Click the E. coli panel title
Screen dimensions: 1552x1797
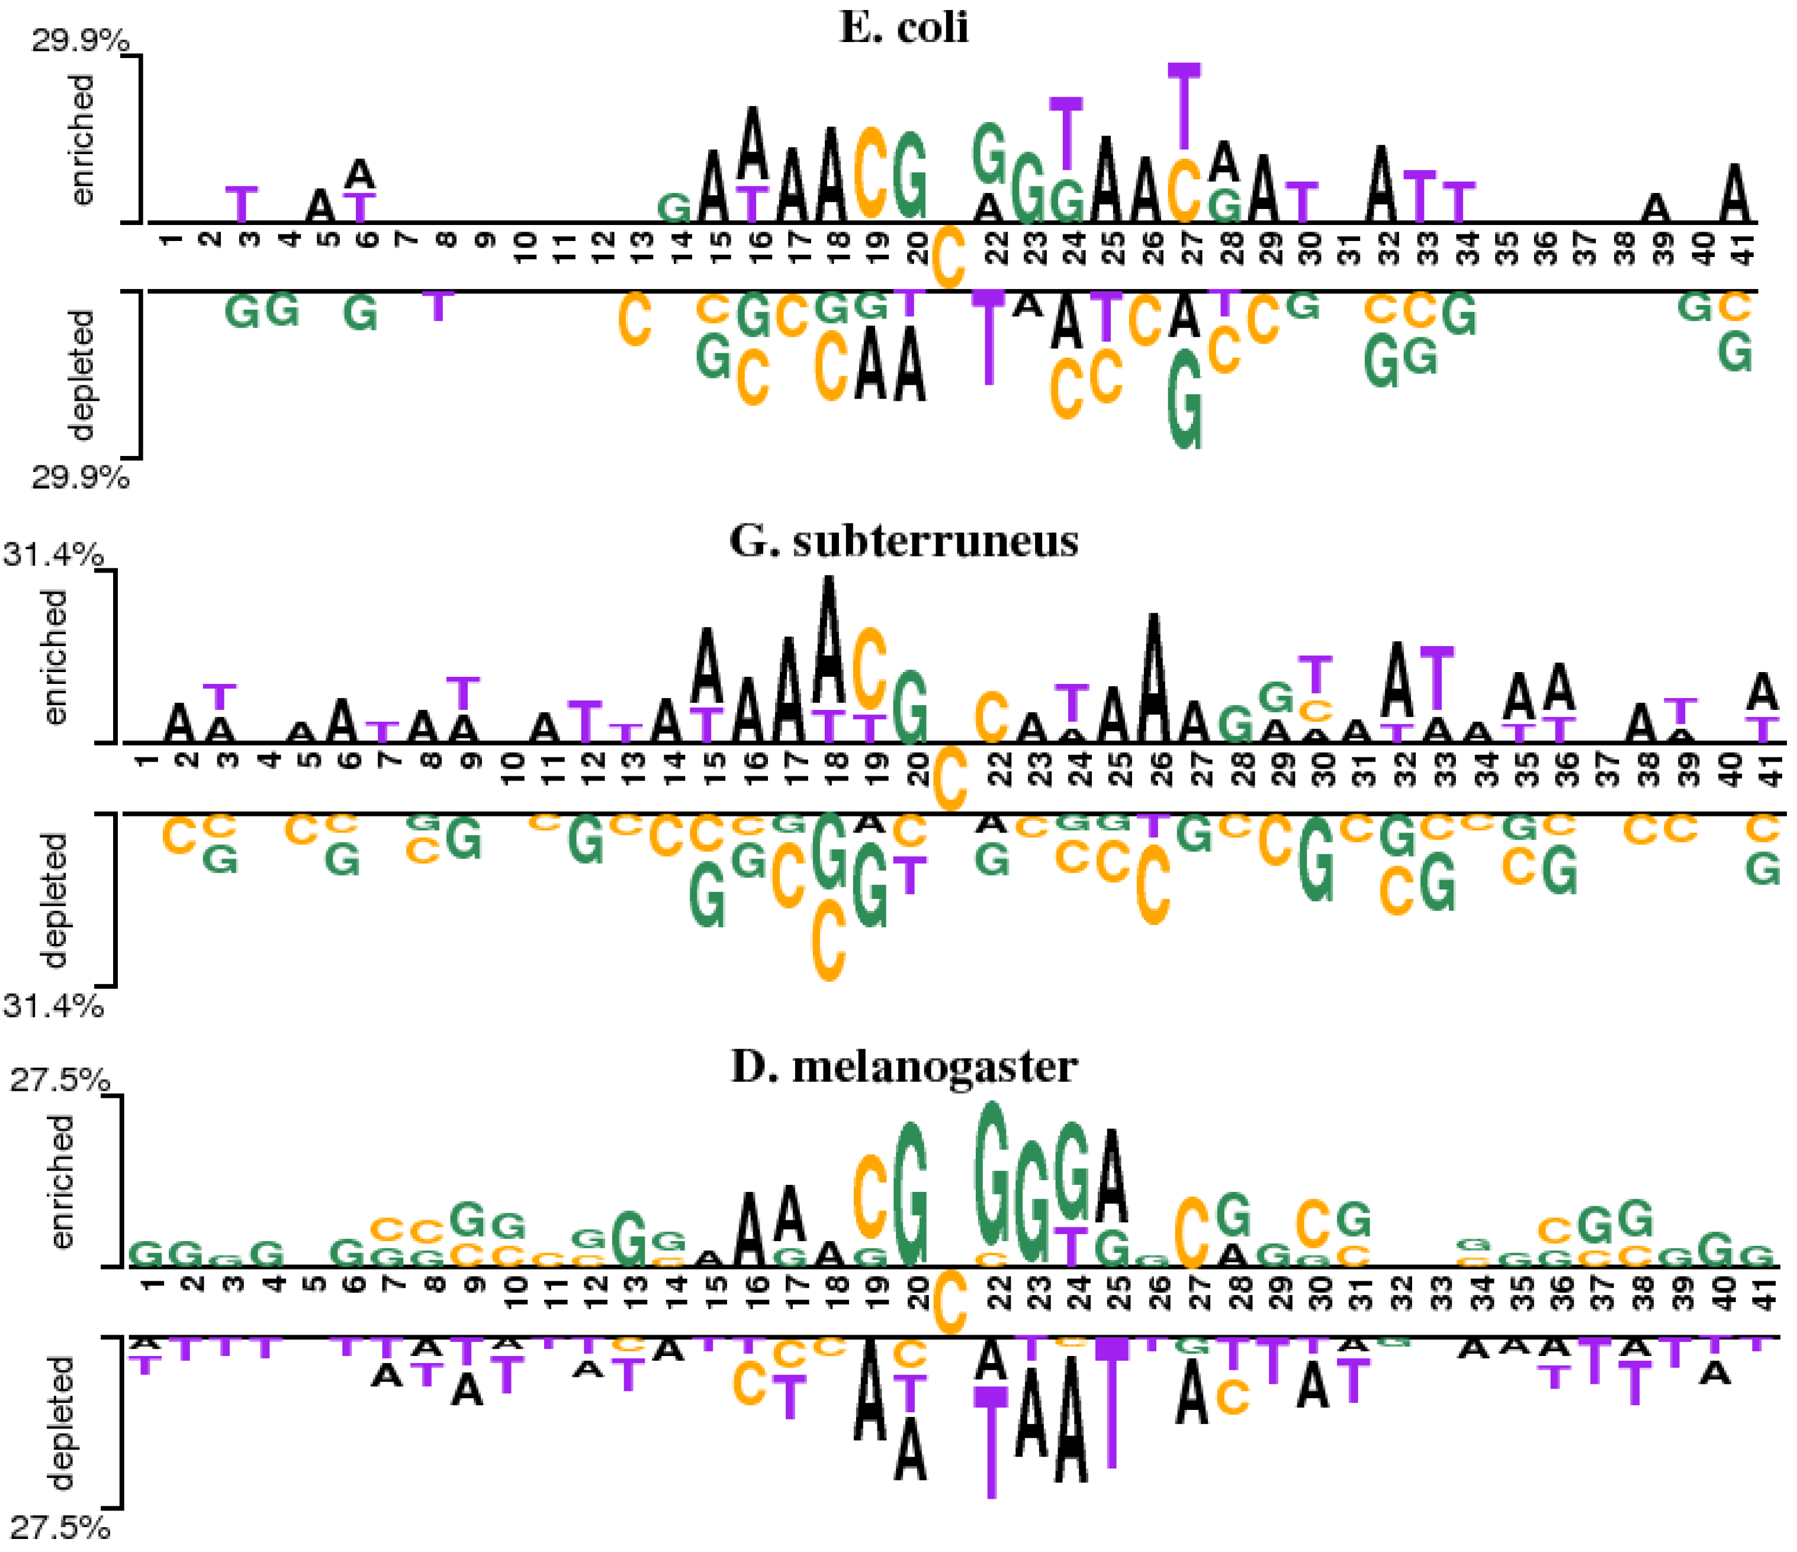pos(904,28)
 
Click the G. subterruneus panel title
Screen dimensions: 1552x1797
pos(904,541)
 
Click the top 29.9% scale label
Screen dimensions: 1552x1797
pos(80,41)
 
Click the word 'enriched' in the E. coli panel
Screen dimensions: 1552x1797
pos(82,139)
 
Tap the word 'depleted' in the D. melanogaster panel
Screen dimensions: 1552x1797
pos(61,1423)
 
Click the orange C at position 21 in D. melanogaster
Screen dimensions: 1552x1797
pos(950,1302)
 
